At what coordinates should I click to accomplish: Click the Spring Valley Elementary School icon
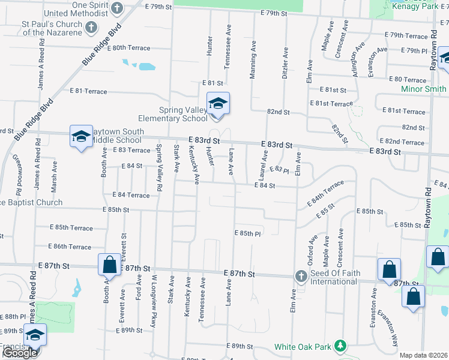pos(218,103)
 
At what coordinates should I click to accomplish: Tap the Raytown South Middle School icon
pos(81,136)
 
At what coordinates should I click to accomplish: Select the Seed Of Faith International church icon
pos(301,275)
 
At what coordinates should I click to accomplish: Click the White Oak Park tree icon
pos(340,346)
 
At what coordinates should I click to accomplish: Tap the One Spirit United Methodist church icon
pos(117,8)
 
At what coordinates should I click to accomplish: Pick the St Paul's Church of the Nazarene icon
pos(91,27)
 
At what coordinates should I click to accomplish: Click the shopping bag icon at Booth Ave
pos(109,264)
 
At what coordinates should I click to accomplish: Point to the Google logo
pos(20,353)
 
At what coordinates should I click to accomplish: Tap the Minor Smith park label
pos(423,89)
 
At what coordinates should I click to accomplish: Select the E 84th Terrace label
pos(326,193)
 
